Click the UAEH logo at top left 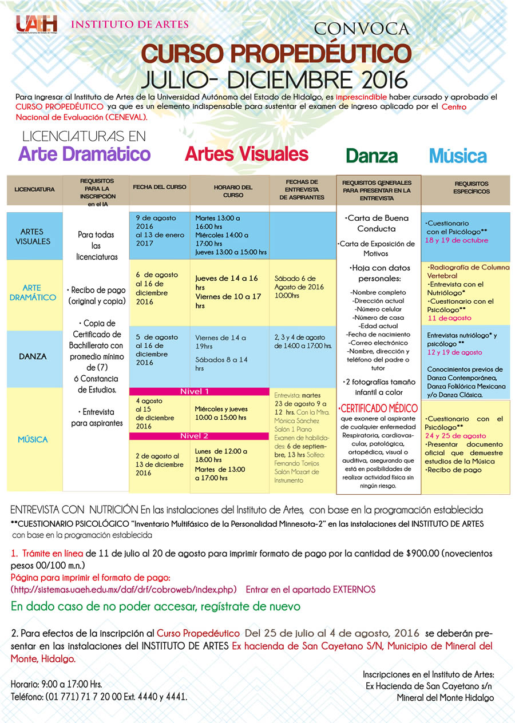click(37, 25)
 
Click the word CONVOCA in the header click(362, 28)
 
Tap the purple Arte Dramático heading click(84, 154)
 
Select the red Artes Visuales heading click(246, 154)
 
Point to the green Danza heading click(371, 156)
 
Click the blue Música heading click(458, 156)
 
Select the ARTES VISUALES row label click(35, 236)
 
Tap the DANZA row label click(33, 356)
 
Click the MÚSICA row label click(33, 439)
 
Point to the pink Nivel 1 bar click(195, 391)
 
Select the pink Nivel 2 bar click(195, 436)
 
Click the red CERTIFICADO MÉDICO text click(378, 409)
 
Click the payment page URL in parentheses click(124, 589)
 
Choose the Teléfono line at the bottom click(99, 697)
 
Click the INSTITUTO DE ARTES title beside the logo click(129, 25)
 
